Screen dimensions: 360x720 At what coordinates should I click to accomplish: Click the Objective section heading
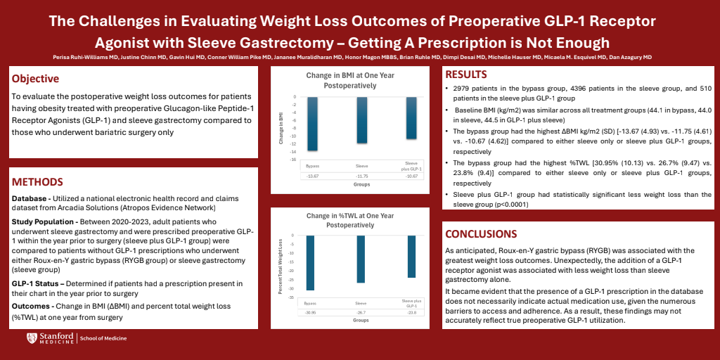coord(35,79)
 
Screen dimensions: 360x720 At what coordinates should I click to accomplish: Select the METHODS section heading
coord(37,182)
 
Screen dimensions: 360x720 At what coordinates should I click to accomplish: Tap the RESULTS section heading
coord(466,75)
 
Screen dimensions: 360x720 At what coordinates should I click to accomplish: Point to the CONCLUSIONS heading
coord(482,233)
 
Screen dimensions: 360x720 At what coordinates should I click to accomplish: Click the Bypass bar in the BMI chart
coord(313,123)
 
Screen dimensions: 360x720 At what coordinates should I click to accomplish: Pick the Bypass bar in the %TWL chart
coord(310,262)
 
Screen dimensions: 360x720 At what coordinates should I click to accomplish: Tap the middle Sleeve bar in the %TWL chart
coord(361,259)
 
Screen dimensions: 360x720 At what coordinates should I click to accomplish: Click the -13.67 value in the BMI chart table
coord(313,176)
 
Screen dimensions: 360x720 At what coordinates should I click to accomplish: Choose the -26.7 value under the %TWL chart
coord(361,312)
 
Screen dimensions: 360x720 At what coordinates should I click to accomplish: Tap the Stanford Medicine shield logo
coord(31,338)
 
